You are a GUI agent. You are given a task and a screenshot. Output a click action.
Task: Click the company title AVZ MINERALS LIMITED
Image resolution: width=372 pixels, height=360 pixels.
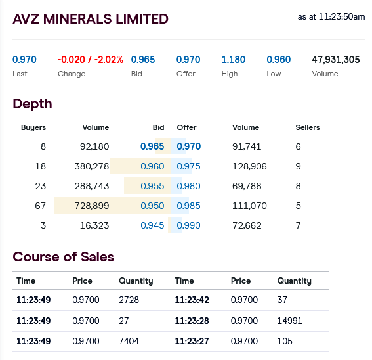91,19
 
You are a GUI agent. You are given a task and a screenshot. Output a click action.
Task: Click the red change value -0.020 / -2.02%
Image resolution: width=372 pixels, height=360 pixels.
91,60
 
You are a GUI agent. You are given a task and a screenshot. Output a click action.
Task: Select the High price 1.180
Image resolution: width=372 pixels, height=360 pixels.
234,60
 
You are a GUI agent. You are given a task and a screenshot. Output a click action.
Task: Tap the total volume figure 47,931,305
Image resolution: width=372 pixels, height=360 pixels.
336,60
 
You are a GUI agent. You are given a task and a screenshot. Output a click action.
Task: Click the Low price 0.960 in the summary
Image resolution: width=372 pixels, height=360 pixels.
279,60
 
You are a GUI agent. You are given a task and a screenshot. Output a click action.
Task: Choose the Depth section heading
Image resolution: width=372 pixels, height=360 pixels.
32,104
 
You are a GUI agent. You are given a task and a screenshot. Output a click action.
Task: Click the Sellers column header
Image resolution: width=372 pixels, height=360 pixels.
308,127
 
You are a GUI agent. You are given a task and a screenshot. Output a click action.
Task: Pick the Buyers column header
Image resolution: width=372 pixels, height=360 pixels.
33,127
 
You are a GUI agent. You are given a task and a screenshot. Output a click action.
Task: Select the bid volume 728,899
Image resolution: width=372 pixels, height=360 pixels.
92,206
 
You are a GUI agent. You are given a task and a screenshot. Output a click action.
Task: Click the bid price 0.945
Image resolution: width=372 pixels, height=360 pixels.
152,225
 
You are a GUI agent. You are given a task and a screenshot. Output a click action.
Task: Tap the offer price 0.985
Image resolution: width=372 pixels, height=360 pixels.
188,206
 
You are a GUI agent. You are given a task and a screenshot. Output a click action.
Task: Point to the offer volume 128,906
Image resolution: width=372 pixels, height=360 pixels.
249,166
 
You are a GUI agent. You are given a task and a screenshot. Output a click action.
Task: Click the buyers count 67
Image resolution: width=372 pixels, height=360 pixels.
40,206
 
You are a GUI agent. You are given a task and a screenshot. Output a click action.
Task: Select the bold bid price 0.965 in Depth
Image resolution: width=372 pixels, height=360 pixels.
152,146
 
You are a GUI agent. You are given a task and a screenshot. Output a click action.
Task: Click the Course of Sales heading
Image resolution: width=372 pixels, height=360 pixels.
64,257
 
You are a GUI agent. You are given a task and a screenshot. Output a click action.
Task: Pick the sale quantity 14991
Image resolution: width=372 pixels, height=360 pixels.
290,321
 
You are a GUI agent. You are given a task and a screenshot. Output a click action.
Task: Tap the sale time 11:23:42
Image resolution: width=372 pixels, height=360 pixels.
192,300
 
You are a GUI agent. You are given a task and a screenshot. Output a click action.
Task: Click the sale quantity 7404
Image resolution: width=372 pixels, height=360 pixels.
129,341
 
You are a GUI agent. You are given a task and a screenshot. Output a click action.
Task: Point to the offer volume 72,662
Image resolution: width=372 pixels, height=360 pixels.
247,225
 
